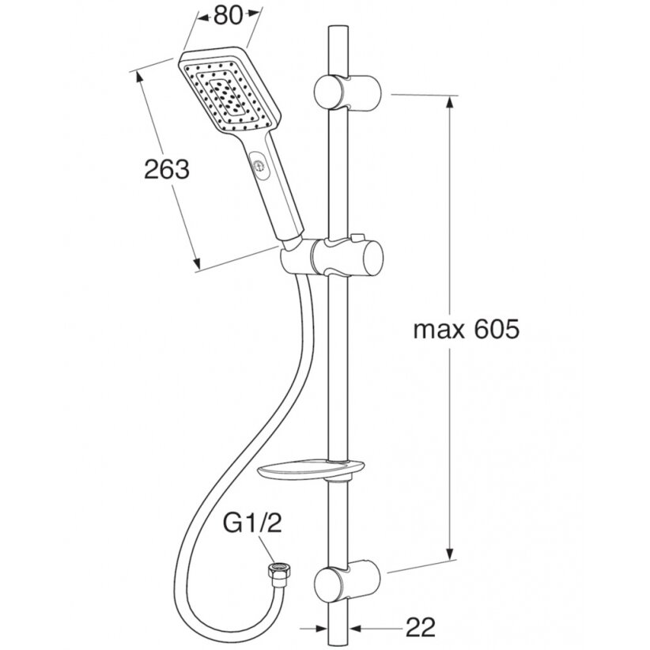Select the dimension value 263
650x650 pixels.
tap(167, 169)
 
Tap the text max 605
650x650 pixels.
tap(466, 330)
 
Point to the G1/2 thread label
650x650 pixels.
tap(252, 523)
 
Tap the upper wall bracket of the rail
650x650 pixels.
tap(347, 93)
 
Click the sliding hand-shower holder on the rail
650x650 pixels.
tap(331, 257)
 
